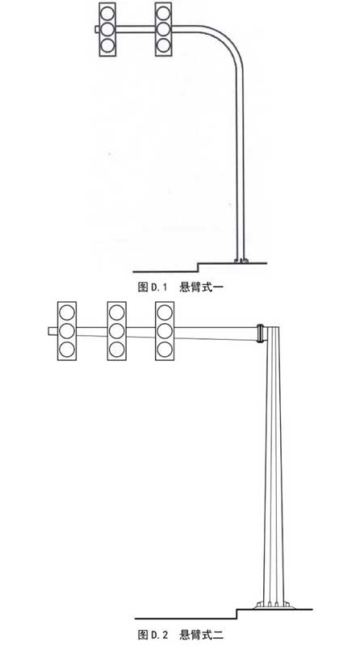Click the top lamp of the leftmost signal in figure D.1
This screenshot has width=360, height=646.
pos(107,13)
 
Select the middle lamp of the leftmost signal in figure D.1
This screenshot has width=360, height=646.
pos(107,29)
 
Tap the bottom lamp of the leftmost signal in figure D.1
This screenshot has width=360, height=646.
pos(107,45)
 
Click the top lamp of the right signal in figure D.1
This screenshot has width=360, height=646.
pos(164,13)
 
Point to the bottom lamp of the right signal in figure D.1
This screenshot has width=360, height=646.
pos(164,45)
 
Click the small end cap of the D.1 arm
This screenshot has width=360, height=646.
pos(97,29)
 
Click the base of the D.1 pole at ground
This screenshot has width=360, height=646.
pos(241,260)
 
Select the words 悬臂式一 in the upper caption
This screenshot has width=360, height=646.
pos(202,287)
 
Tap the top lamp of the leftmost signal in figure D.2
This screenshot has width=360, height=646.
pos(67,313)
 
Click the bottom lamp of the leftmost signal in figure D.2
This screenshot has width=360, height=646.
pos(67,350)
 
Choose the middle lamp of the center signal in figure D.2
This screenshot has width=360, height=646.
pos(116,331)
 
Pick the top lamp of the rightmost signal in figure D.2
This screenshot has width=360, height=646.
pos(165,313)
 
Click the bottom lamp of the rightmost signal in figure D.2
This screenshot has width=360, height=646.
pos(165,350)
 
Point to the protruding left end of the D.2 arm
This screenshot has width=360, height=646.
pos(52,331)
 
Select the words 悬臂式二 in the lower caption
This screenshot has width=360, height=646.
pos(202,634)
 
